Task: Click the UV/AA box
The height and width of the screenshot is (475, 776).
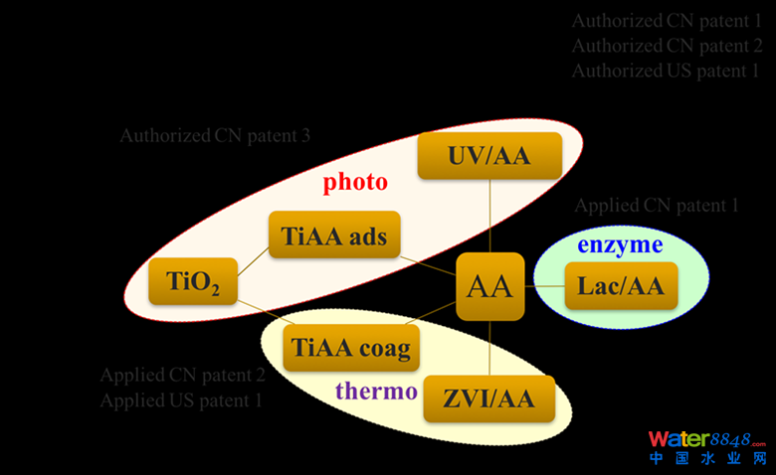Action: tap(489, 156)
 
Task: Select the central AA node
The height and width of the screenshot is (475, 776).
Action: tap(489, 287)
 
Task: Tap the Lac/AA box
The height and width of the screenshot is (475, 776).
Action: tap(621, 287)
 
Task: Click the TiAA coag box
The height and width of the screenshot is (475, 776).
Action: tap(349, 349)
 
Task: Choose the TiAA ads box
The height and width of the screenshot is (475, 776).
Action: tap(333, 237)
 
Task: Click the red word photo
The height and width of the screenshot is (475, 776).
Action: tap(355, 183)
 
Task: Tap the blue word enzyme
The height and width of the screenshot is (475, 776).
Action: tap(620, 244)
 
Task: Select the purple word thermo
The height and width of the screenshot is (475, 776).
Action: tap(376, 391)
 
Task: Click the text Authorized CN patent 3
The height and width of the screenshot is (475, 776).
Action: tap(215, 136)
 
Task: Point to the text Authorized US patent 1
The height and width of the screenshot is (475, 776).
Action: tap(666, 72)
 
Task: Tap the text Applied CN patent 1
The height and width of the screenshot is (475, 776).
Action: tap(657, 206)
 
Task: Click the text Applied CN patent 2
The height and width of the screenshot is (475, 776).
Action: tap(182, 376)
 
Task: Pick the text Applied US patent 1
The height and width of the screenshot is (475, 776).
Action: tap(181, 401)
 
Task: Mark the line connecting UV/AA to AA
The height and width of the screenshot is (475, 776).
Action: tap(490, 217)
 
